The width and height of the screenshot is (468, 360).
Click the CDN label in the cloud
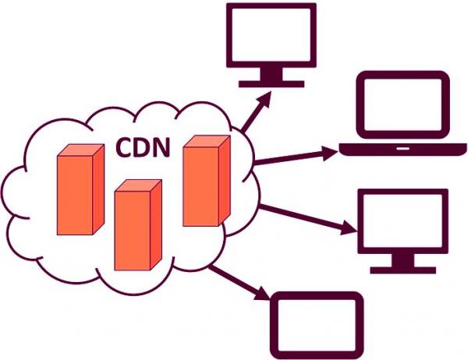pyautogui.click(x=143, y=146)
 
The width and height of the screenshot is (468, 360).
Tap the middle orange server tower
pyautogui.click(x=137, y=226)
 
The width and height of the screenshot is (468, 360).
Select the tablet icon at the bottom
pyautogui.click(x=316, y=323)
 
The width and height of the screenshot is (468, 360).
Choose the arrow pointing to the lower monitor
pyautogui.click(x=304, y=217)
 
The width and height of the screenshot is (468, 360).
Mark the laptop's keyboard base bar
pyautogui.click(x=402, y=148)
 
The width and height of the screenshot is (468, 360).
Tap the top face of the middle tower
pyautogui.click(x=139, y=185)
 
